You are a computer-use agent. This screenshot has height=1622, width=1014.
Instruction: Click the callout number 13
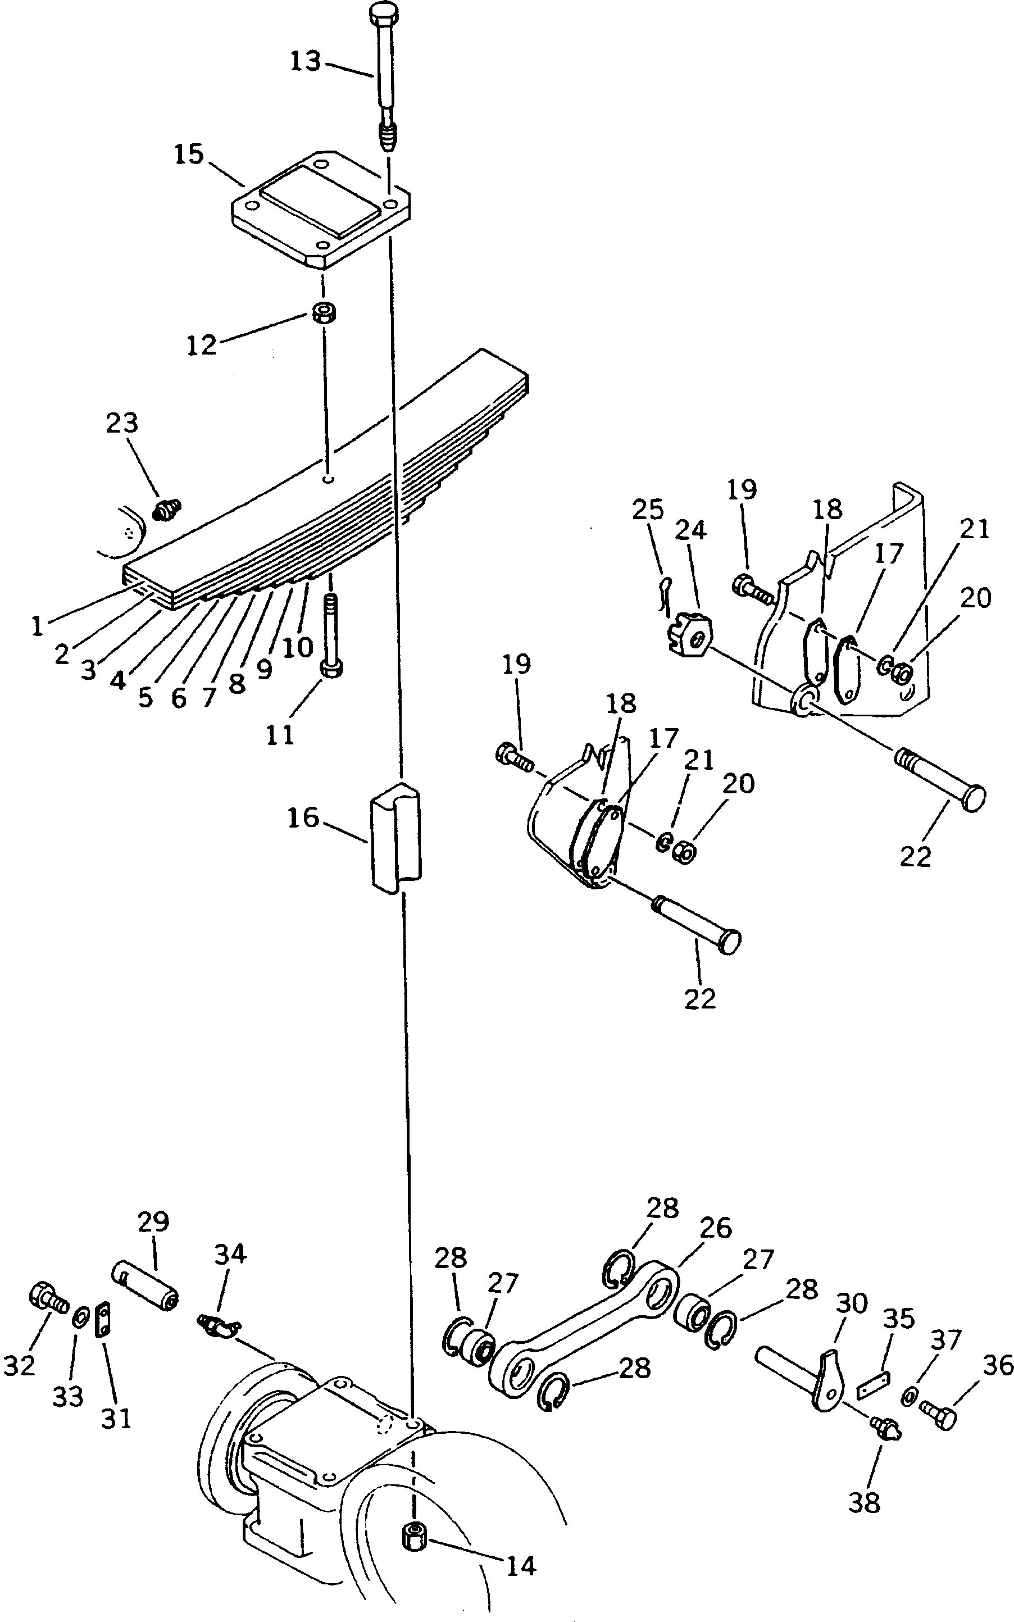tap(306, 62)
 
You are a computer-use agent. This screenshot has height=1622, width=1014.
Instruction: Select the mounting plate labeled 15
tap(321, 209)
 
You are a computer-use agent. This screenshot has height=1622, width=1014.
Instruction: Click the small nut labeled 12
tap(325, 313)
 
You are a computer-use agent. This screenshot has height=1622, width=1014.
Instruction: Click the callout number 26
tap(715, 1227)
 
